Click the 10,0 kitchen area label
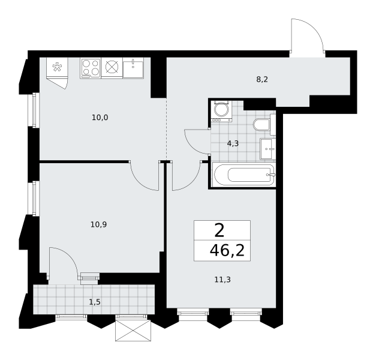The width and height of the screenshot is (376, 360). point(100,118)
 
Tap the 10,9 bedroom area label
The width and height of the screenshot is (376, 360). point(98,224)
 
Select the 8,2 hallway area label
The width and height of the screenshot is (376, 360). point(262,79)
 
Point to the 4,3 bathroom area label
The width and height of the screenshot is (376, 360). point(233,144)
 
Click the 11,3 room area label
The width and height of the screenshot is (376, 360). point(222,280)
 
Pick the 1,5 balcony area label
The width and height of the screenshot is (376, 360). point(95,302)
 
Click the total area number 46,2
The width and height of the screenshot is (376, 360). point(227,251)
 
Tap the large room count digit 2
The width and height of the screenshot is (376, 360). point(219,231)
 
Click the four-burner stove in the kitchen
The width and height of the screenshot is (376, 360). point(91,68)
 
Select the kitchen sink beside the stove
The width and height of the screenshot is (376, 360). point(133,68)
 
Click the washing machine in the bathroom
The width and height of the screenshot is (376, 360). point(221,111)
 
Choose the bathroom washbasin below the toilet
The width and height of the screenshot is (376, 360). point(268,149)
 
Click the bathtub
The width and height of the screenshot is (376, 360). point(244,175)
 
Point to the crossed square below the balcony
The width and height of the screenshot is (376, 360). point(133,330)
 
